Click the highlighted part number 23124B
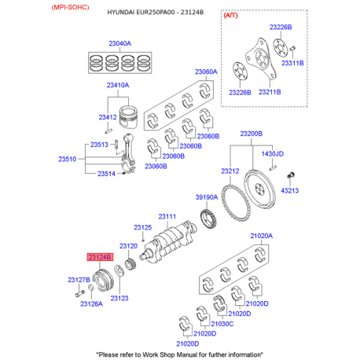(x=100, y=257)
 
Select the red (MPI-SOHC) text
(x=70, y=7)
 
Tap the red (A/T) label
(x=230, y=15)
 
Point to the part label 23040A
(x=119, y=43)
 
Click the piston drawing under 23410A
(x=129, y=118)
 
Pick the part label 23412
(x=108, y=117)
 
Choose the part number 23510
(x=67, y=159)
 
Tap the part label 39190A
(x=207, y=197)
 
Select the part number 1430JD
(x=273, y=153)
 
